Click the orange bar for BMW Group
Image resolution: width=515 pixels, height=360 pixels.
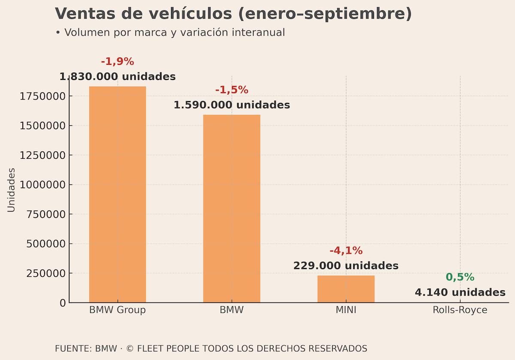coord(118,194)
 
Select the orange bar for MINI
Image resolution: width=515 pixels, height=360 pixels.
coord(346,289)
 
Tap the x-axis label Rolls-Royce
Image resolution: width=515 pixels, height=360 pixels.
coord(460,310)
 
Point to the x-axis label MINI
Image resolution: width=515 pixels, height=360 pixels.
coord(346,310)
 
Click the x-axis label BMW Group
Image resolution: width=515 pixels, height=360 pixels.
coord(118,310)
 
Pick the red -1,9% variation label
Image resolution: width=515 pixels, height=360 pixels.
coord(118,61)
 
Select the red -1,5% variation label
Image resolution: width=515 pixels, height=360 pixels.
coord(232,90)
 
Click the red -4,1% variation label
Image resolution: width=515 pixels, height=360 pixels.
coord(346,251)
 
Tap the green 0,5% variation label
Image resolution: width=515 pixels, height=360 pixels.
coord(460,277)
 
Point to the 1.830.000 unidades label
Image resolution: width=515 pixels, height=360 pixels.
coord(118,77)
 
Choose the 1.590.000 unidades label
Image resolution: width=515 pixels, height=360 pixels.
coord(232,105)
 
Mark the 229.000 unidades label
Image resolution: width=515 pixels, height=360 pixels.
coord(346,266)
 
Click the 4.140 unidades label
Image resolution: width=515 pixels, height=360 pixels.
coord(460,293)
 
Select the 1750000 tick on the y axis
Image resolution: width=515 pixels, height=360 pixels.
coord(43,96)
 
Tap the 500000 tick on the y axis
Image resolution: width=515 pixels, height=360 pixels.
coord(46,244)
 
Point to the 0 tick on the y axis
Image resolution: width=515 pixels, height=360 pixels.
coord(63,303)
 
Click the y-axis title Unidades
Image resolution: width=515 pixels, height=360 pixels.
coord(11,190)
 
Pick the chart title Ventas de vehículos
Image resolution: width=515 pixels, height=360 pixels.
coord(233,14)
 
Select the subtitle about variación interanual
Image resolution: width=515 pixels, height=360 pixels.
coord(170,33)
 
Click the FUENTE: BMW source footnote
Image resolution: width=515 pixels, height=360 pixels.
coord(211,348)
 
